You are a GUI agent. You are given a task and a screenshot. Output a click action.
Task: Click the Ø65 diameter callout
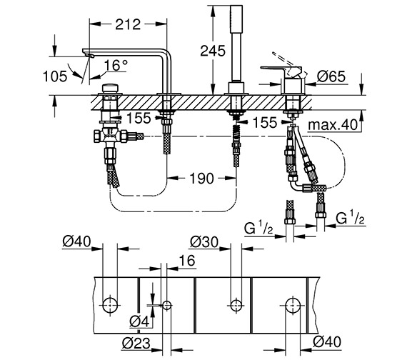[333, 76]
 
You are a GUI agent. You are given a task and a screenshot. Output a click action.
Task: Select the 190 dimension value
[201, 179]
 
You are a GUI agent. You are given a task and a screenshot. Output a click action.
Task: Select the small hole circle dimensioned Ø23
[167, 305]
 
